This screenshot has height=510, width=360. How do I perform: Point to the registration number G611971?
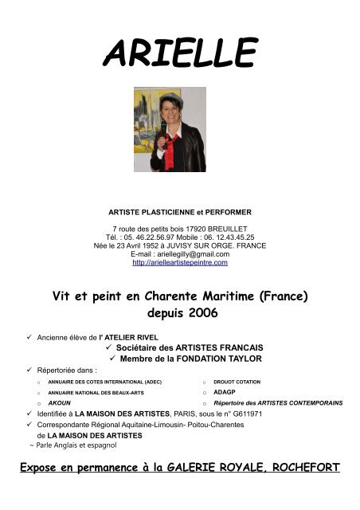pos(248,414)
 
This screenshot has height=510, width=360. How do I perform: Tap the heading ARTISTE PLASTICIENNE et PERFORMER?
pos(179,213)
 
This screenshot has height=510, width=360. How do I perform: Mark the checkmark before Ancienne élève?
pos(29,337)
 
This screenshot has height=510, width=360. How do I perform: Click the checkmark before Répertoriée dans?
pos(29,371)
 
